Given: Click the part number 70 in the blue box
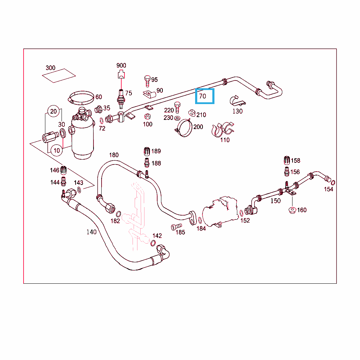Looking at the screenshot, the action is [x=202, y=96].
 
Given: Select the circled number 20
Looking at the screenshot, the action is [x=53, y=111].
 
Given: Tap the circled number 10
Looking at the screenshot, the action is [x=57, y=150].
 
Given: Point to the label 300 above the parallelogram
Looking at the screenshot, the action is [x=51, y=68].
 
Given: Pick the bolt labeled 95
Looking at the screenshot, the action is [x=147, y=81].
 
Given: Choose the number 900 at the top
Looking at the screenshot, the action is [x=121, y=65].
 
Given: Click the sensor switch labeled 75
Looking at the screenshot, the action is [x=121, y=99].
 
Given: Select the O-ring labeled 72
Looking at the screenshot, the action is [x=102, y=121].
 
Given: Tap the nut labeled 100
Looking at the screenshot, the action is [x=148, y=116].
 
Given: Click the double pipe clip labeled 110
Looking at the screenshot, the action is [x=222, y=129].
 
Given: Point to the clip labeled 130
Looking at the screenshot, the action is [x=237, y=101].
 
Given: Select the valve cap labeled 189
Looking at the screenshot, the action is [x=147, y=152].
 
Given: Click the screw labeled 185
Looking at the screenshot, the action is [x=176, y=227].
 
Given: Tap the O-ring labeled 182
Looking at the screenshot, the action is [x=118, y=214].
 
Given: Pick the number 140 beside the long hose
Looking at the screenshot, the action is [x=91, y=232].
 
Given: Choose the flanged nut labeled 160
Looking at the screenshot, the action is [x=292, y=210].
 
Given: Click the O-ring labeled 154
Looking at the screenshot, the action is [x=333, y=182].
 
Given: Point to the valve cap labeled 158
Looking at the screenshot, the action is [x=287, y=160].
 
